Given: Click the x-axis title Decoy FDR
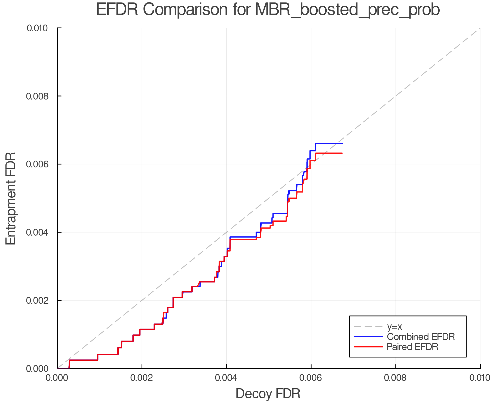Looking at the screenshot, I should (x=268, y=394).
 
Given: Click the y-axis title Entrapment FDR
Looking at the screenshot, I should (x=11, y=198).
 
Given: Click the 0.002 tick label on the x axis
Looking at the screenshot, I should (x=142, y=378).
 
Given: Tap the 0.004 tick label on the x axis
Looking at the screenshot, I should (x=226, y=378).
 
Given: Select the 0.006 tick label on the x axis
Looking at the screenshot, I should (x=311, y=378).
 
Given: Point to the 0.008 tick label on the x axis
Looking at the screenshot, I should (x=396, y=378).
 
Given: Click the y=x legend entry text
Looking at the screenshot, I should (x=394, y=327).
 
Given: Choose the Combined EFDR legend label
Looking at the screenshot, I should (x=421, y=337).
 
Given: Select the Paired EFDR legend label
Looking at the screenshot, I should (x=412, y=347).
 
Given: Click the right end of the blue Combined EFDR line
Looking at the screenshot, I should (x=342, y=143).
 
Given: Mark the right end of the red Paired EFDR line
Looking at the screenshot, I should (x=342, y=153).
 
